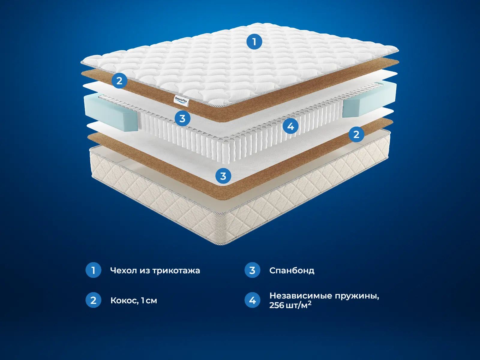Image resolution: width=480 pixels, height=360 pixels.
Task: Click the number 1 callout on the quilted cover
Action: click(254, 41)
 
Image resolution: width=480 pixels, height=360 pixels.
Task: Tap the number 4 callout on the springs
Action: click(290, 126)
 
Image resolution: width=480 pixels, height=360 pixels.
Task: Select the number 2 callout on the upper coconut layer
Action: click(119, 81)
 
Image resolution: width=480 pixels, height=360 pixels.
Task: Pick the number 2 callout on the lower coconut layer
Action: click(356, 134)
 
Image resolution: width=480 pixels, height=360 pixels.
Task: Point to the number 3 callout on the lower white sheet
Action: click(223, 176)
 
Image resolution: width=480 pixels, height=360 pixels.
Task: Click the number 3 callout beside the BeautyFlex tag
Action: click(182, 118)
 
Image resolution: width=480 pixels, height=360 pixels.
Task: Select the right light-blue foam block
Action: click(370, 100)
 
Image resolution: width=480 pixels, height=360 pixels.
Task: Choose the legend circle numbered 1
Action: click(93, 270)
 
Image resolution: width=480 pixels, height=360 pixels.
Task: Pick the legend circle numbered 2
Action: click(93, 300)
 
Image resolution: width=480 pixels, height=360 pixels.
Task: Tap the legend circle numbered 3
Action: click(252, 270)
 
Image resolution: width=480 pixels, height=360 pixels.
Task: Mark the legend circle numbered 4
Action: click(252, 300)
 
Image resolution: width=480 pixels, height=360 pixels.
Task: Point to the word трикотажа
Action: click(176, 271)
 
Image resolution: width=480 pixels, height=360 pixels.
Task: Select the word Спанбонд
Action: click(292, 271)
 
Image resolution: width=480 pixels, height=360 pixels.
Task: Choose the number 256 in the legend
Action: click(277, 305)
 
